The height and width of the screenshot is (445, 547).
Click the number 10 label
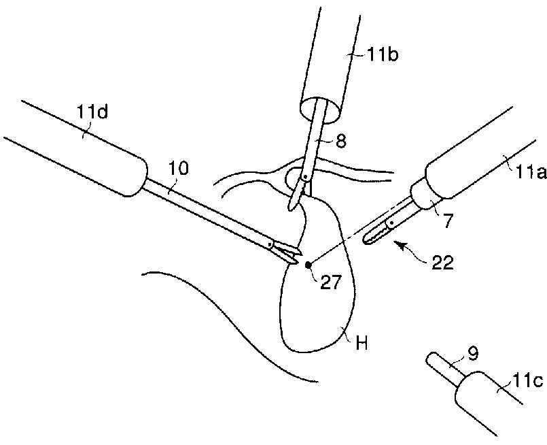coord(179,167)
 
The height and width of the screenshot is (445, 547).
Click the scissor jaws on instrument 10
coord(291,254)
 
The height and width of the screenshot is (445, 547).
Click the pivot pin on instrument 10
coord(270,244)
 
